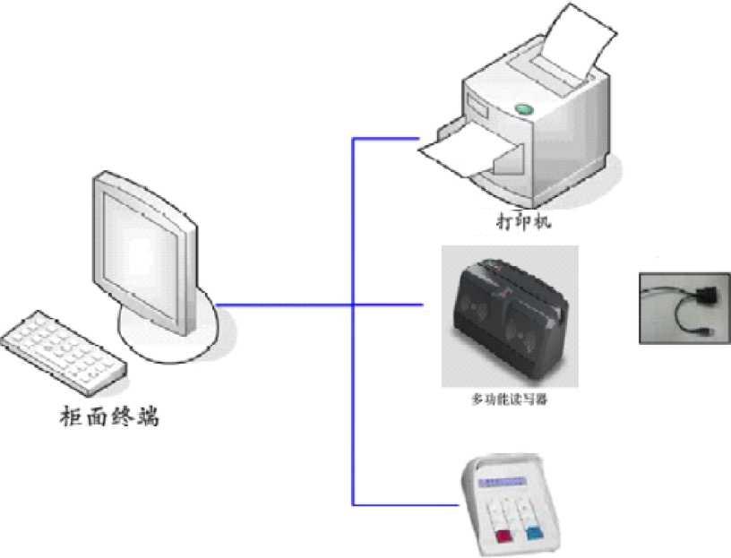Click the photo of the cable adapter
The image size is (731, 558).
click(x=684, y=307)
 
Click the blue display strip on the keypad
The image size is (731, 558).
click(x=506, y=482)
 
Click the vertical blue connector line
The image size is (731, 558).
click(x=353, y=358)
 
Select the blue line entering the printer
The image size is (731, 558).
click(x=385, y=139)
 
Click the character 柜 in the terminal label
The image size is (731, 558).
click(x=71, y=416)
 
